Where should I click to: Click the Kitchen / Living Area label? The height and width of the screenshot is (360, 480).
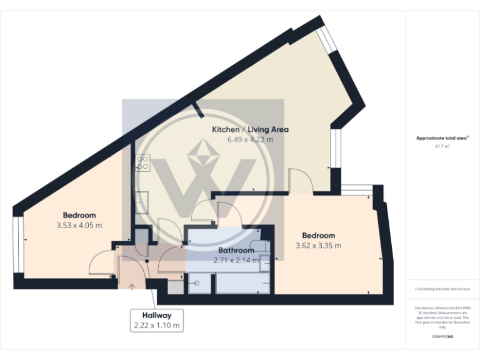click(250, 129)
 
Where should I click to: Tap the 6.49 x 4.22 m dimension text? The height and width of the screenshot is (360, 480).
click(250, 139)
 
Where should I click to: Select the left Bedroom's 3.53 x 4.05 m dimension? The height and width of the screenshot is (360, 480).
click(79, 225)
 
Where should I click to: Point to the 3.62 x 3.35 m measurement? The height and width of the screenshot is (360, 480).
click(318, 245)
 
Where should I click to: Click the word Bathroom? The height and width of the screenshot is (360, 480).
click(236, 251)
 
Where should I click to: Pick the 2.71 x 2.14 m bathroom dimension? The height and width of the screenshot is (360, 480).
click(236, 261)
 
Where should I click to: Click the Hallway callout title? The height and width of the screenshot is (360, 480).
click(157, 315)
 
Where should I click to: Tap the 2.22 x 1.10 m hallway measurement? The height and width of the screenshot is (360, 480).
click(157, 325)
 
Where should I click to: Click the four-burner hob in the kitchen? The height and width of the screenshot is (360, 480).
click(143, 162)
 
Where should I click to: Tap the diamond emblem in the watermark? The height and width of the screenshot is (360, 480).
click(203, 154)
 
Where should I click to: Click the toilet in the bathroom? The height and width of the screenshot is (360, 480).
click(258, 246)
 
